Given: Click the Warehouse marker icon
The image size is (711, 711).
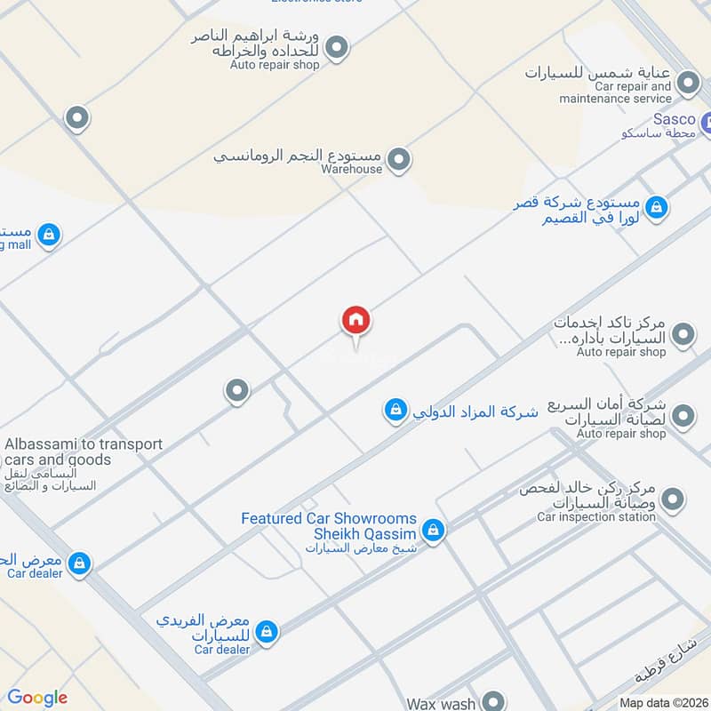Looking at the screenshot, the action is [x=400, y=160].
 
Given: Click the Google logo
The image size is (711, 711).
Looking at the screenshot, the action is [x=37, y=698].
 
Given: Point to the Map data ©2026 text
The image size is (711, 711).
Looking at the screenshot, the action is [x=664, y=703].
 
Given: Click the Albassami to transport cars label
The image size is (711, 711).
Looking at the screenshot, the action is [x=84, y=451].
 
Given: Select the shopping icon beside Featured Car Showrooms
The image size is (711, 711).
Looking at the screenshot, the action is [x=433, y=531].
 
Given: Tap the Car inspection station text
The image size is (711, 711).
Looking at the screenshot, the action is [x=596, y=516].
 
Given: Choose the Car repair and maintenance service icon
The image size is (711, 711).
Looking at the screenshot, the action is [x=687, y=84].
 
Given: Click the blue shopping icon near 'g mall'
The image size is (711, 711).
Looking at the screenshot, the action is [x=50, y=235].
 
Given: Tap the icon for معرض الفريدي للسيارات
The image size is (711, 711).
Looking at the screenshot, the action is [x=265, y=631].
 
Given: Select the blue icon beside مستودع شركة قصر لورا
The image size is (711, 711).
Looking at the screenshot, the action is [x=657, y=208].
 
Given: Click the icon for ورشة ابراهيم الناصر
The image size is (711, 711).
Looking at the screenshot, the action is [x=336, y=46].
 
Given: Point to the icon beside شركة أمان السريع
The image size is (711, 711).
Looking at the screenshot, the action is [x=683, y=415].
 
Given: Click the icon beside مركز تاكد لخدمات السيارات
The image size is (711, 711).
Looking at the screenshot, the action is [x=683, y=334].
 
